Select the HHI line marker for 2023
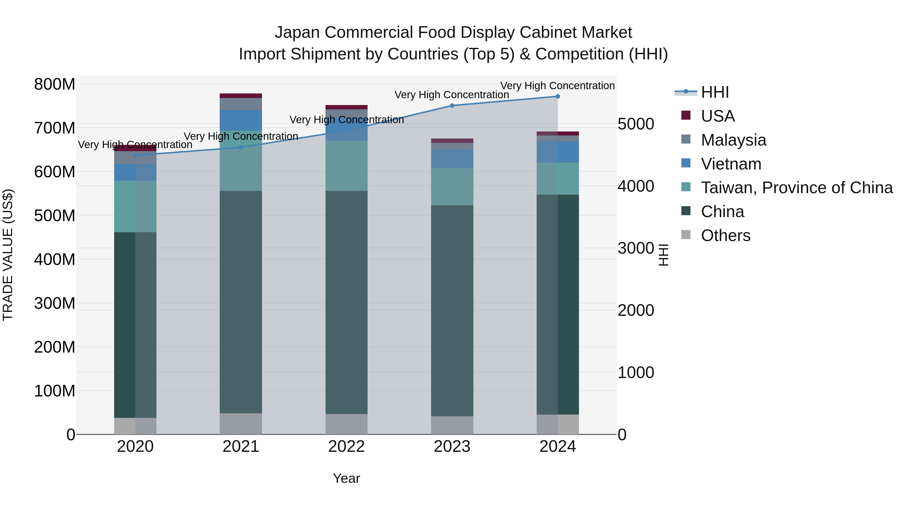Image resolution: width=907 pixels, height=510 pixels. [x=452, y=106]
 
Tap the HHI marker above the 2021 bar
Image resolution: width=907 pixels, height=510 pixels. [x=241, y=148]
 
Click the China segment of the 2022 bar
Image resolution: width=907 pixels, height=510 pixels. [x=346, y=303]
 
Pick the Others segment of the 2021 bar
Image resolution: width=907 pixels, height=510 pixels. [x=241, y=424]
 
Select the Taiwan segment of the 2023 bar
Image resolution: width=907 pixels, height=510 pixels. [x=452, y=187]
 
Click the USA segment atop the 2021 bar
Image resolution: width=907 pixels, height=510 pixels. [x=241, y=96]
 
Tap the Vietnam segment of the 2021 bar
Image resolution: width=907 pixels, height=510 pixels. [x=241, y=120]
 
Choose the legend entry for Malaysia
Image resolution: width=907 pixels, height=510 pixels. [x=733, y=140]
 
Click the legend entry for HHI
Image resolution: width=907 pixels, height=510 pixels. [x=715, y=92]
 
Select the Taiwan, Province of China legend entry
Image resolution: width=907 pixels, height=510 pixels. [x=796, y=188]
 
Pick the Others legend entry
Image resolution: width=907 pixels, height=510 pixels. [x=725, y=235]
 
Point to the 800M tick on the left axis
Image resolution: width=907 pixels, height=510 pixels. [x=55, y=84]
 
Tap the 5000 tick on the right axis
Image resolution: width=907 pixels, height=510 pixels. [x=636, y=124]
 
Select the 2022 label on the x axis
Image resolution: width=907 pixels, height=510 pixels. [x=346, y=447]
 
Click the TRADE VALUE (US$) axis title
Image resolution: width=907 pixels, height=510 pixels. [x=8, y=255]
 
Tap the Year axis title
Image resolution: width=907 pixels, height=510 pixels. [x=346, y=478]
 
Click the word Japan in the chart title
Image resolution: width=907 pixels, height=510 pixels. [x=297, y=32]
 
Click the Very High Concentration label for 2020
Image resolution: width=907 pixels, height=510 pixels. [x=135, y=145]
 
